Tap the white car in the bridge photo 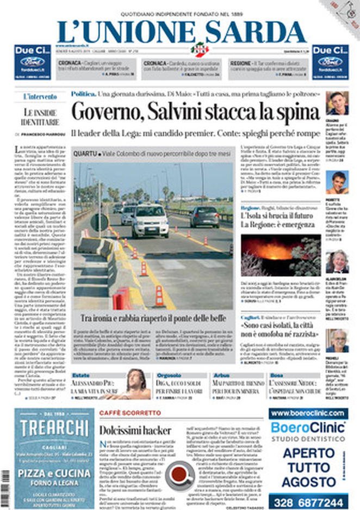tap(149, 219)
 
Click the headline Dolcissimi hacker tap(135, 430)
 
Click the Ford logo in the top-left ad tap(32, 61)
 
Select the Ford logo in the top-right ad tap(330, 61)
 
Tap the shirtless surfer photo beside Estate tap(133, 384)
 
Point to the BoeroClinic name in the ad tap(308, 427)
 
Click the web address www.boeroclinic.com tap(308, 413)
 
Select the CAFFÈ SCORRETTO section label tap(122, 413)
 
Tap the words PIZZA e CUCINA tap(54, 472)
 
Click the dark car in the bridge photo tap(204, 216)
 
